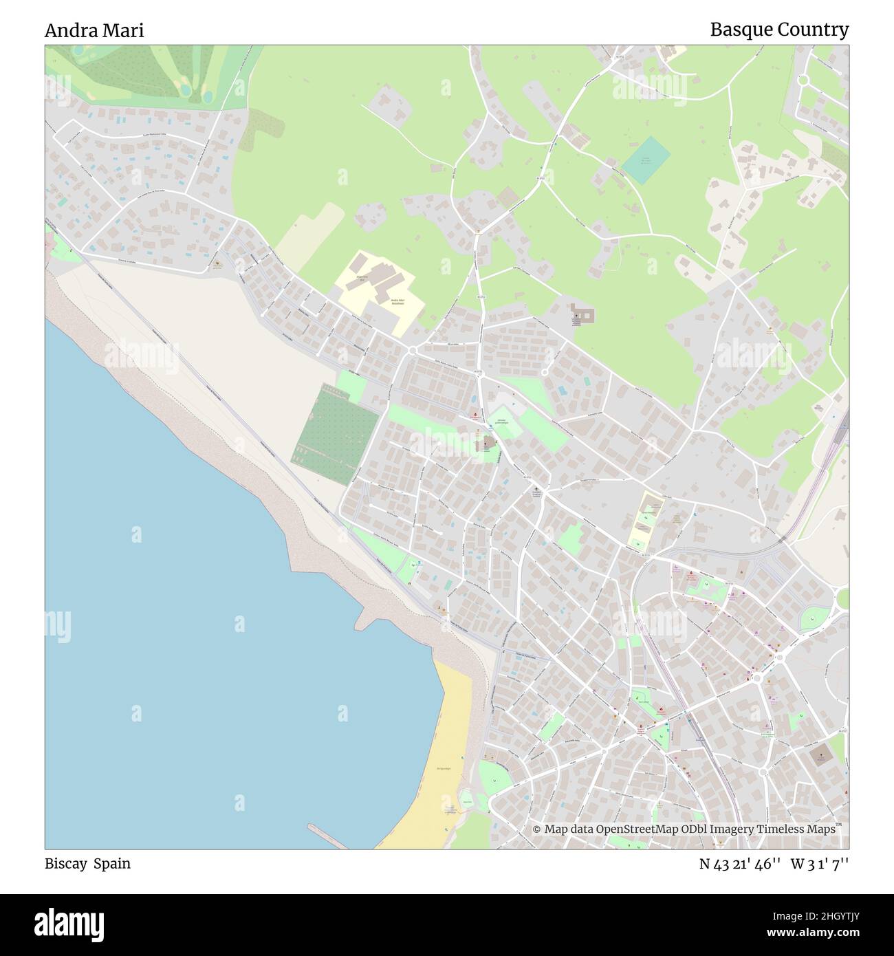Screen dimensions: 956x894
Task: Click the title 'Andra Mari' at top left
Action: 94,31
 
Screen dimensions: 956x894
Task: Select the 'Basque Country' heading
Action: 779,30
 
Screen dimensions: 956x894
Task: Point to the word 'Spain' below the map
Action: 112,863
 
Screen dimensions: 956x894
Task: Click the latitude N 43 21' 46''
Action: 739,864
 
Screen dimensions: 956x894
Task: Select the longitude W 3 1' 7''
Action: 820,864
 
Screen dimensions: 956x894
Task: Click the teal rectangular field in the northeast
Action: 646,160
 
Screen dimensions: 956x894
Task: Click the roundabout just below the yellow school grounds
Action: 413,350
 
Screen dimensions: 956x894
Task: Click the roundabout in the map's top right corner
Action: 803,79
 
